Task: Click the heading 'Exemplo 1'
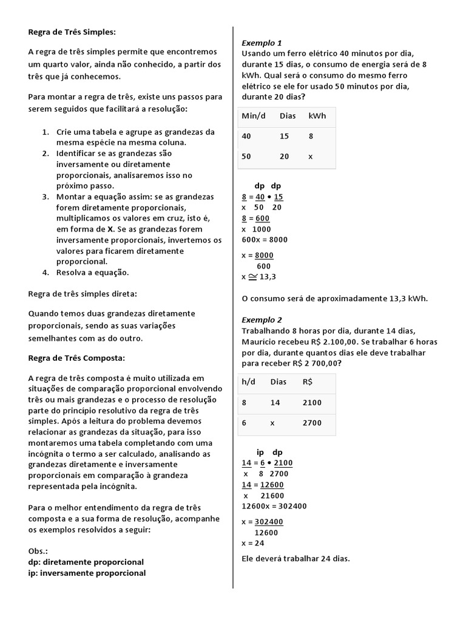click(262, 43)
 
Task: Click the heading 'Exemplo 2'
click(262, 320)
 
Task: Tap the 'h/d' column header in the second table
click(248, 382)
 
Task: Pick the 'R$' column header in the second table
click(308, 382)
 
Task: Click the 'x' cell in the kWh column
click(311, 156)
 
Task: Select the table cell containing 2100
click(312, 403)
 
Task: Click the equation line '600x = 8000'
click(264, 239)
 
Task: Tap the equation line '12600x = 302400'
click(274, 506)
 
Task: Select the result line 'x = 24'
click(252, 543)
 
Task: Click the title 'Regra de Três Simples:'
click(72, 32)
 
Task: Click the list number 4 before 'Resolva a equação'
click(46, 272)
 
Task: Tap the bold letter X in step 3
click(110, 230)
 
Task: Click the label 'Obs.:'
click(38, 551)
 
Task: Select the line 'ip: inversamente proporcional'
click(87, 573)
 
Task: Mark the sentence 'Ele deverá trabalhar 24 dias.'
click(295, 558)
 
